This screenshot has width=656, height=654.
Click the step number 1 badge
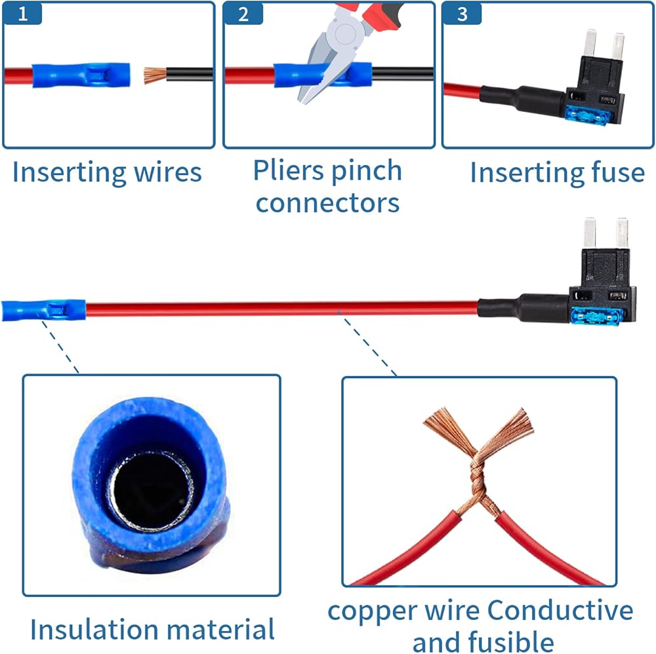tap(22, 14)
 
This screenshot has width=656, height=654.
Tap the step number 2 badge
tap(243, 14)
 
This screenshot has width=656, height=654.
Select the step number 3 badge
tap(462, 14)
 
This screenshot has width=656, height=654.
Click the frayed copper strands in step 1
tap(155, 75)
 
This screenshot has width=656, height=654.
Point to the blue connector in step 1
tap(81, 75)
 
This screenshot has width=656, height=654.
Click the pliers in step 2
tap(347, 50)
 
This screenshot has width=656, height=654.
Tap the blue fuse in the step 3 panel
tap(586, 115)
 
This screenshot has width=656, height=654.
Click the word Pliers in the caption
tap(288, 171)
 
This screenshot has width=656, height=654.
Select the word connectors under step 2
tap(327, 204)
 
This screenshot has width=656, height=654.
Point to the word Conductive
tap(560, 611)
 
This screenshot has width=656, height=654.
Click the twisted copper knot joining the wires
tap(478, 476)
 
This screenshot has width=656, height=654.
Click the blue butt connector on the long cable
tap(43, 310)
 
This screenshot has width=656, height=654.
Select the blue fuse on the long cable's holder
tap(596, 316)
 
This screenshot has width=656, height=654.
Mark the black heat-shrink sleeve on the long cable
tap(523, 309)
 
